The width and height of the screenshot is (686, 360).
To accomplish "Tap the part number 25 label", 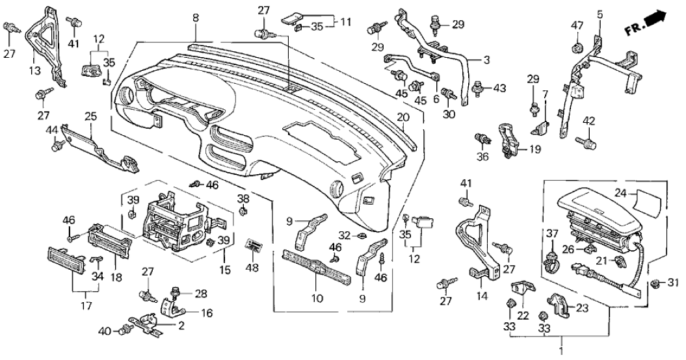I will point(90,116).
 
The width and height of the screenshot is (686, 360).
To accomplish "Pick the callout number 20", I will point(402,118).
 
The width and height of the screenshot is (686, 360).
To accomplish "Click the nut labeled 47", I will point(576,47).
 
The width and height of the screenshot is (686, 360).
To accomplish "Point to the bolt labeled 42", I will point(589,141).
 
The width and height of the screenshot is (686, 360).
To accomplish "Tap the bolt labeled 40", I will point(125,331).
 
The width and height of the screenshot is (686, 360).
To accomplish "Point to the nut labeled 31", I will point(657,283).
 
